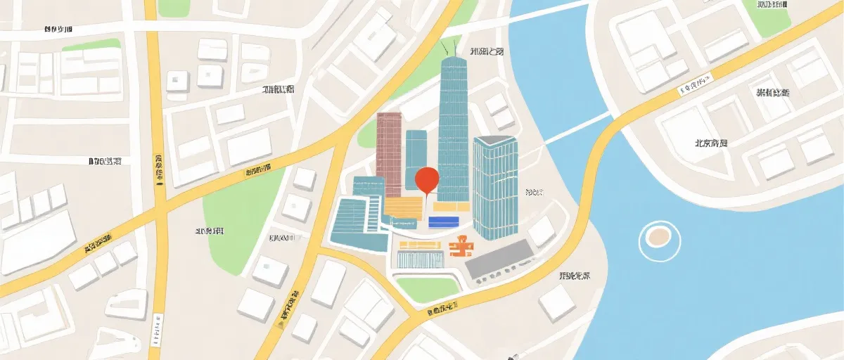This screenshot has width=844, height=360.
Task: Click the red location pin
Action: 427,180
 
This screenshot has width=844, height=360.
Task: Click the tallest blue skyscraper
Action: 453,127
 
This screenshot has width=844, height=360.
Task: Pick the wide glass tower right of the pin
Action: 495,186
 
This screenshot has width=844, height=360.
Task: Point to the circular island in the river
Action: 659,237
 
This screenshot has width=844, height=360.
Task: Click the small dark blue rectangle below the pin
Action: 443,221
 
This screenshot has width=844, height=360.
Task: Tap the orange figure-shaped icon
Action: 460,245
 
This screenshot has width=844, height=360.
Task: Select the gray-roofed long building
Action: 499,258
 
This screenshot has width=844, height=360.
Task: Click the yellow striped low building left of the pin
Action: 404,207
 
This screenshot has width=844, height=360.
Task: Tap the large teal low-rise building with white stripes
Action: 359,224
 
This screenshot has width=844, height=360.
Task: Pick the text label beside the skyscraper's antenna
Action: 487,51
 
